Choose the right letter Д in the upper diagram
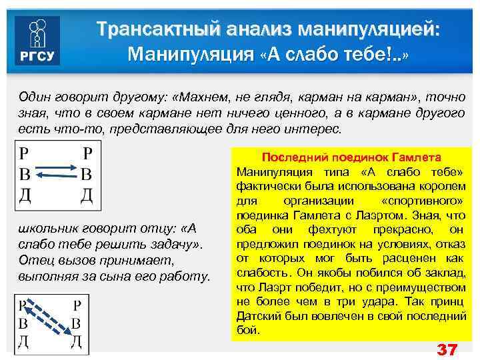[86, 195]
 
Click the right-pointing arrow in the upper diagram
[55, 167]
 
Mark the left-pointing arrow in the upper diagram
[55, 176]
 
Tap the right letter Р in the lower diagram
[77, 305]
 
